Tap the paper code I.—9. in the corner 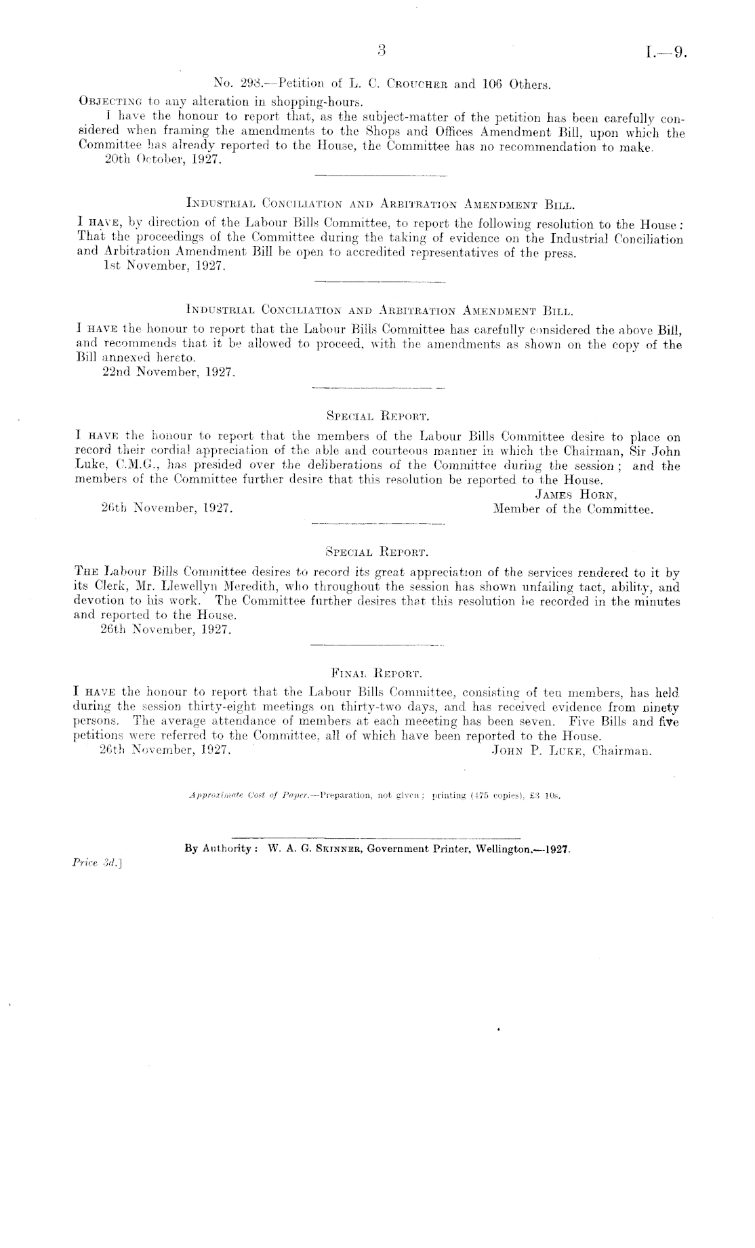coord(668,52)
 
